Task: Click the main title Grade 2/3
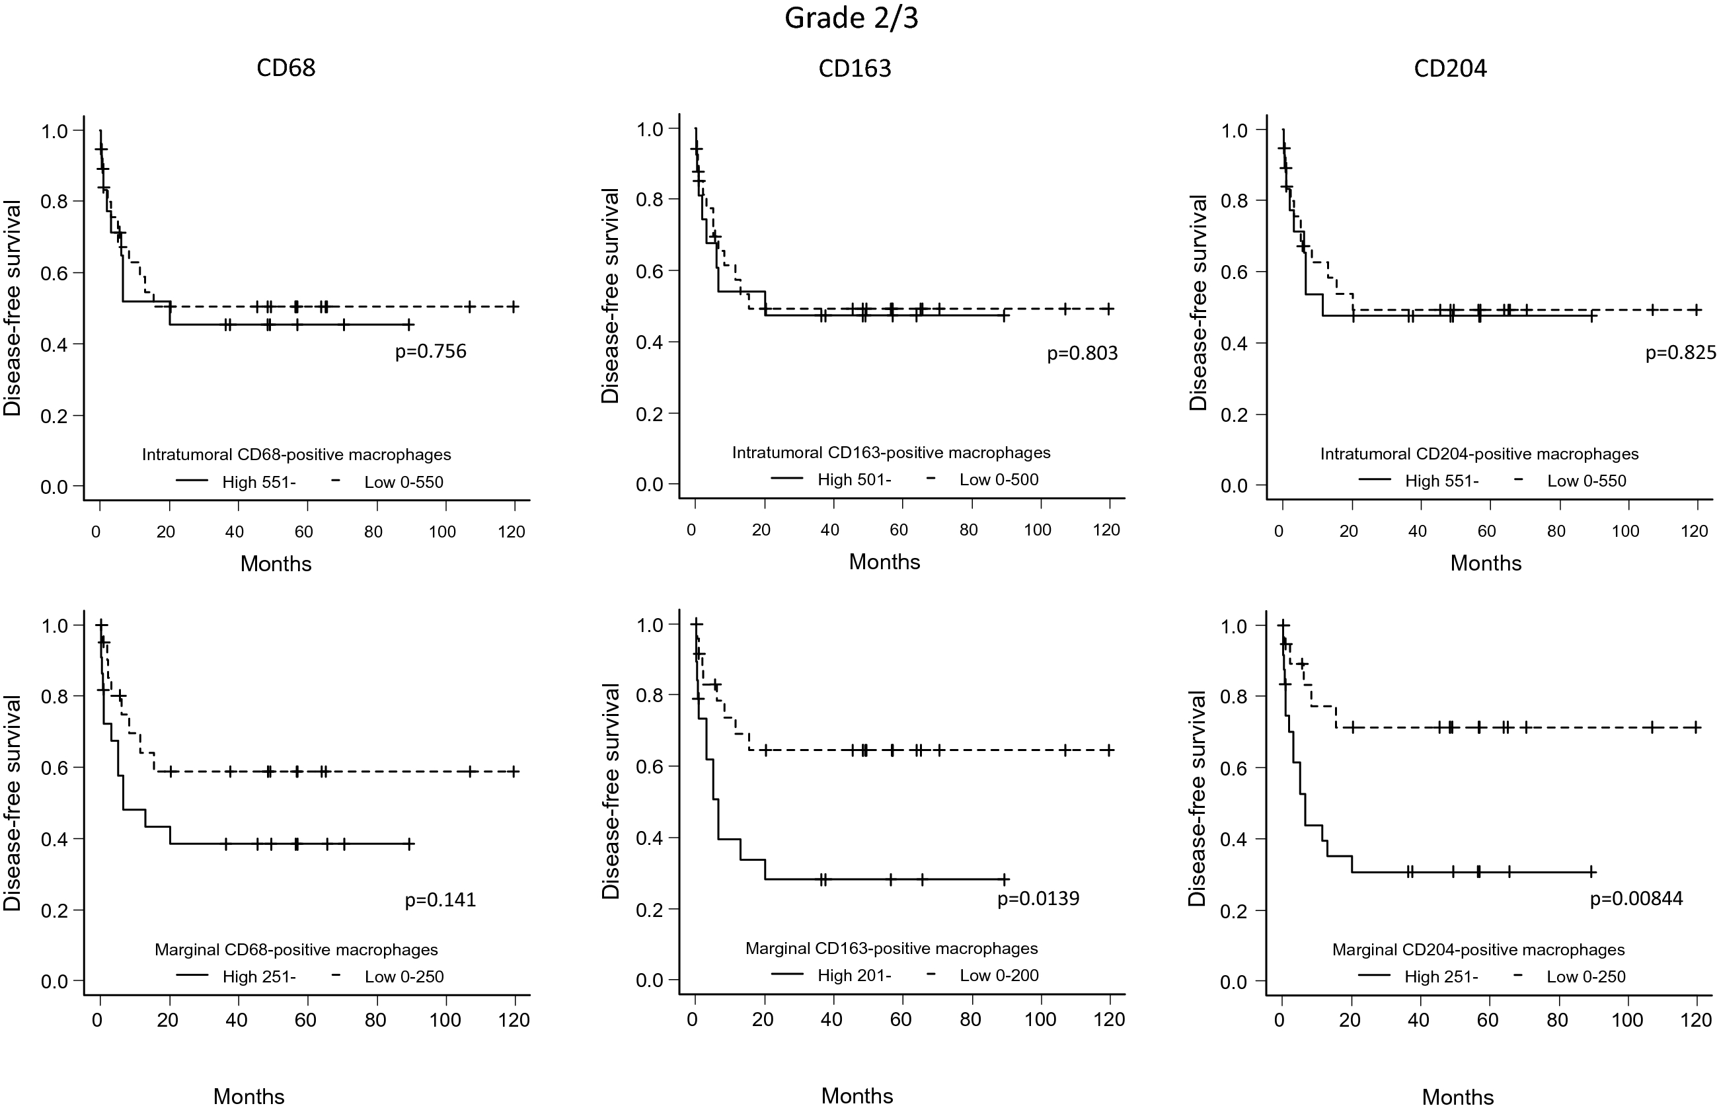point(851,18)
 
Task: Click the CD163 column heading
point(855,69)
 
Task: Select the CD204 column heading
point(1450,69)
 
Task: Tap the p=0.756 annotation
point(431,352)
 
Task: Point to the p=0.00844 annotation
point(1636,898)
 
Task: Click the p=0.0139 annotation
point(1038,898)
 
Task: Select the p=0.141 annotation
point(440,900)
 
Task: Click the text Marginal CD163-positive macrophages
point(892,948)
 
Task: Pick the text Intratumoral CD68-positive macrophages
point(297,455)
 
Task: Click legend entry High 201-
point(854,976)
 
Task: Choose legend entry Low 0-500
point(999,480)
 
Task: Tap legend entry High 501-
point(854,480)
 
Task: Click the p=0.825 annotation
point(1680,353)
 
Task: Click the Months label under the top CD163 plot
point(884,562)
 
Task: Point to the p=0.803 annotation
point(1082,353)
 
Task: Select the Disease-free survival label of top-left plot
point(13,308)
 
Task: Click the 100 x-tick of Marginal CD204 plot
point(1628,1019)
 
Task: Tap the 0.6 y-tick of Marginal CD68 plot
point(54,767)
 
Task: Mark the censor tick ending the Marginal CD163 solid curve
point(1005,879)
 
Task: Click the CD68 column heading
point(286,68)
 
